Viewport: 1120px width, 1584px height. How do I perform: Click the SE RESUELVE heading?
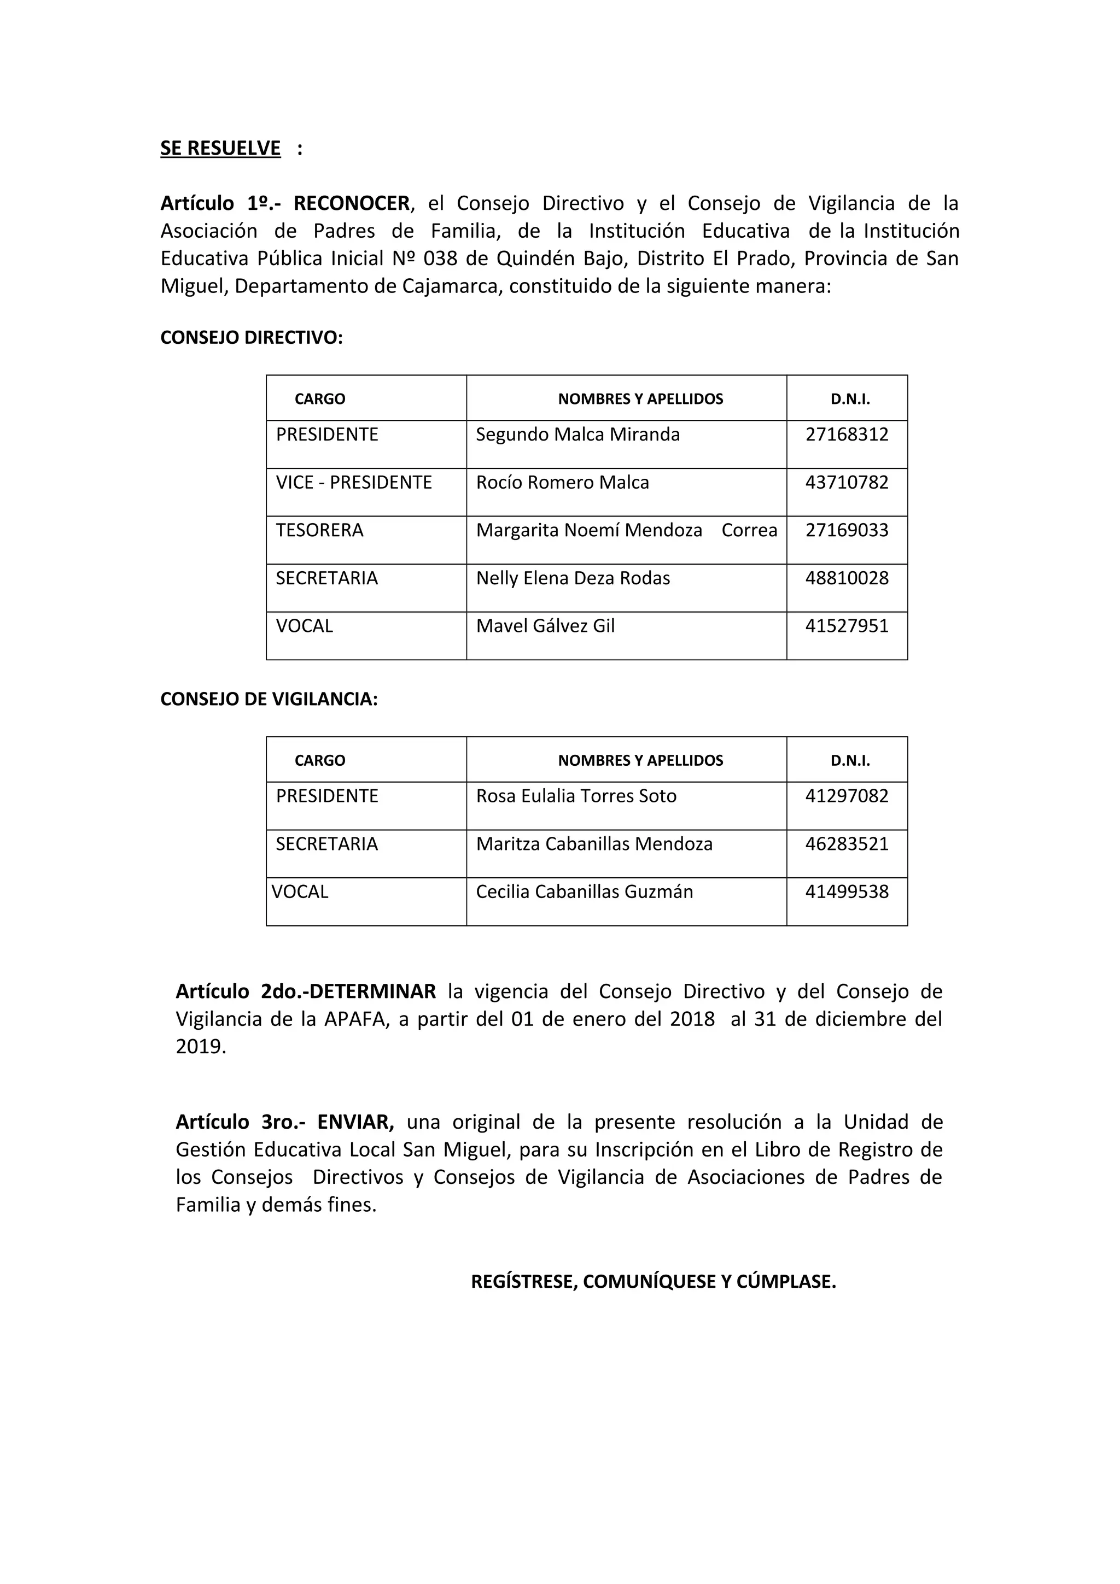point(220,148)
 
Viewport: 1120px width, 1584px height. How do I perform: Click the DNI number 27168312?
point(847,435)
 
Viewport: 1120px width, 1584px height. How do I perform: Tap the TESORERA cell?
point(319,531)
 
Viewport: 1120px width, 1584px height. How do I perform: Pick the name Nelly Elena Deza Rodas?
point(573,578)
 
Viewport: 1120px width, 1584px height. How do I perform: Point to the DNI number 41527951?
point(847,626)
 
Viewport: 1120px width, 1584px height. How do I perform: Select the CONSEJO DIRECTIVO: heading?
point(251,337)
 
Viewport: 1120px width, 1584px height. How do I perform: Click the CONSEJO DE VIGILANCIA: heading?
point(269,699)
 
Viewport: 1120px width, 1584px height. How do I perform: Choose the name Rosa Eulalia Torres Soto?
point(576,796)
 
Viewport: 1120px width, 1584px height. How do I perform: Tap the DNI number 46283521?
point(847,844)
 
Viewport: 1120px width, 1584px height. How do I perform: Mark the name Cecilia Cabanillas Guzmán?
point(584,891)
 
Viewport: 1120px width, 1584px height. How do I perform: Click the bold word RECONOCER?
point(352,203)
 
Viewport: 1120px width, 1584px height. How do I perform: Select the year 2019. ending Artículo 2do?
point(201,1047)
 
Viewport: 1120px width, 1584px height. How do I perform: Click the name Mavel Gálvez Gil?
point(545,626)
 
